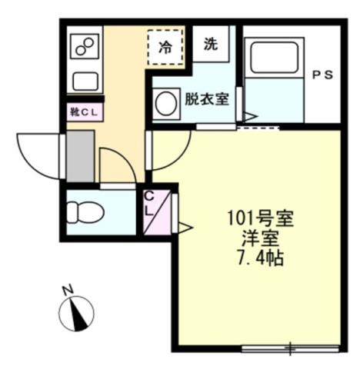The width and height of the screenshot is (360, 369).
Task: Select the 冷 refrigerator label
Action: pyautogui.click(x=165, y=45)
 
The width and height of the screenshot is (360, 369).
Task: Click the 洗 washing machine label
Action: pyautogui.click(x=210, y=45)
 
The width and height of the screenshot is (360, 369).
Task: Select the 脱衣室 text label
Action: pyautogui.click(x=205, y=98)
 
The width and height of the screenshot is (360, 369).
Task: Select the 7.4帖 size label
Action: pyautogui.click(x=258, y=258)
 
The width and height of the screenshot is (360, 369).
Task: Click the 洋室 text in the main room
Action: pyautogui.click(x=258, y=238)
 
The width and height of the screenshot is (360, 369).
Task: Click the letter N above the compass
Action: pyautogui.click(x=67, y=289)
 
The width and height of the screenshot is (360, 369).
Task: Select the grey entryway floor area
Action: pyautogui.click(x=80, y=155)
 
